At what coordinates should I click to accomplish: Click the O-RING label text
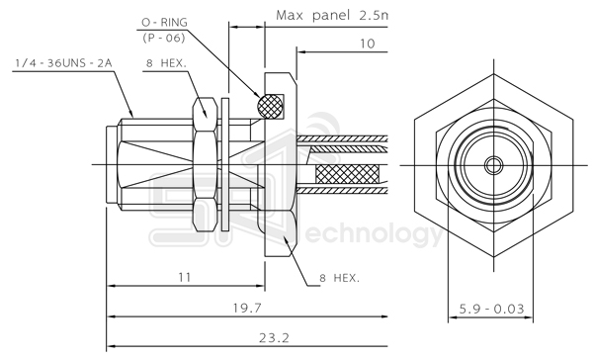(x=164, y=23)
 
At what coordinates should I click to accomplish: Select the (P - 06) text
(x=164, y=38)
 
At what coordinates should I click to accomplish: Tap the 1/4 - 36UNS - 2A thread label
(x=63, y=63)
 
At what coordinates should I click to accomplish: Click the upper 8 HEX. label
(x=166, y=63)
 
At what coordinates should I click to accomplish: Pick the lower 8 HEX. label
(x=340, y=278)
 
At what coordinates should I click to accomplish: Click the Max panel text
(x=312, y=15)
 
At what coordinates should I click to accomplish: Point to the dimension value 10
(x=367, y=44)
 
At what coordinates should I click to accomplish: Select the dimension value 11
(x=185, y=278)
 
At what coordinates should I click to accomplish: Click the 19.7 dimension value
(x=247, y=308)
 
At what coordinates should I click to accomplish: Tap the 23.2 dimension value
(x=274, y=337)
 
